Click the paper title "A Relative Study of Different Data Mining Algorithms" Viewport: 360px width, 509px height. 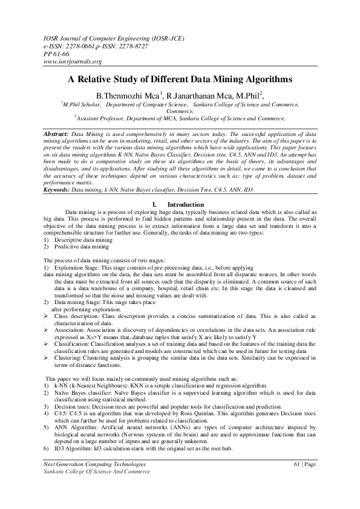(x=180, y=79)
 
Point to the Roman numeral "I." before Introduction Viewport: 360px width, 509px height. (x=155, y=205)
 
